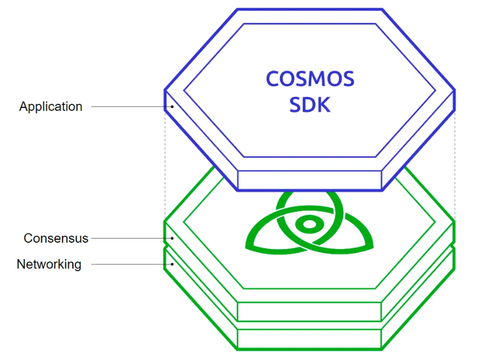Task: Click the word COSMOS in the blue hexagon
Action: [x=310, y=79]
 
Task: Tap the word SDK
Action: [x=309, y=104]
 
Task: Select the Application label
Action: [x=51, y=107]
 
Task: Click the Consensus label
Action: [x=55, y=239]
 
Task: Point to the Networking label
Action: [x=49, y=264]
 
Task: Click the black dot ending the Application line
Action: [x=172, y=107]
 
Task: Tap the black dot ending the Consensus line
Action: [x=172, y=238]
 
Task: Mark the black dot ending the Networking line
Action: [x=172, y=264]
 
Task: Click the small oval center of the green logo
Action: [x=309, y=224]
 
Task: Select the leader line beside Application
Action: [x=131, y=107]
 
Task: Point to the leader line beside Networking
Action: [x=131, y=264]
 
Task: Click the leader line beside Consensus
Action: [x=131, y=238]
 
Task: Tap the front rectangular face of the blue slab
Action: [x=309, y=180]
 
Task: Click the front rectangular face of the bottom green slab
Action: [x=309, y=339]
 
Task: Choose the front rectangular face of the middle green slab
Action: [x=309, y=312]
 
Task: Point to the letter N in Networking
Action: [x=20, y=264]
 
